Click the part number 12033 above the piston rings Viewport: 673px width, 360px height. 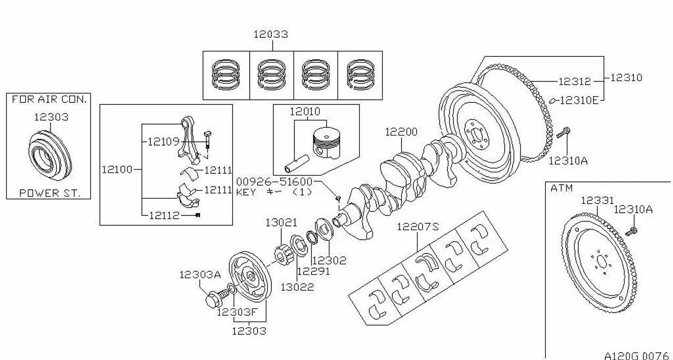tap(271, 34)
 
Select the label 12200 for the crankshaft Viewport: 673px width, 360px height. tap(401, 132)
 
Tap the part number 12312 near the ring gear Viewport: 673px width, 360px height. tap(575, 81)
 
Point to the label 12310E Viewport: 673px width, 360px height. tap(579, 100)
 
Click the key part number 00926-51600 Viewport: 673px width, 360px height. tap(274, 182)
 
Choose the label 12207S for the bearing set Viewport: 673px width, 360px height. tap(417, 227)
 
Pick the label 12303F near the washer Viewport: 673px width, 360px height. tap(237, 312)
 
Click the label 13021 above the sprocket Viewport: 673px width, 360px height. tap(281, 223)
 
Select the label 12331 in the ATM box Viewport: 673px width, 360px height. tap(597, 200)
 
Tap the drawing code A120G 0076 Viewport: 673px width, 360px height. tap(636, 356)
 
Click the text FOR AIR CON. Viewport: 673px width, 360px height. tap(49, 99)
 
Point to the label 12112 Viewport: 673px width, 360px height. tap(164, 215)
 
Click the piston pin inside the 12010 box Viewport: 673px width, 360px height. tap(297, 164)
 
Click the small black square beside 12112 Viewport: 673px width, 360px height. tap(198, 215)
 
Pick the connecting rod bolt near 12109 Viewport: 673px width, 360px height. tap(207, 140)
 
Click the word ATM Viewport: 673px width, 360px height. tap(562, 188)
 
